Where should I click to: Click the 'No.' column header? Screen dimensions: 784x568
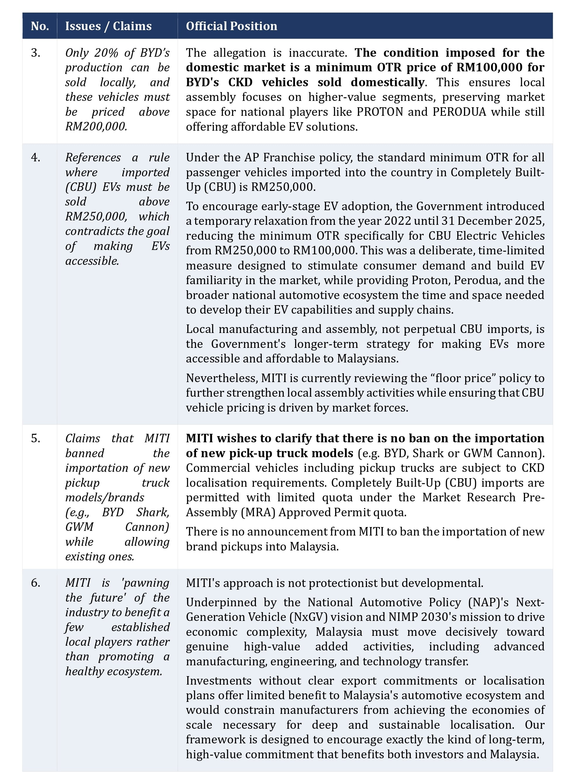(x=40, y=26)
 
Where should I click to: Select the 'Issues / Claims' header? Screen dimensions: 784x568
(x=108, y=26)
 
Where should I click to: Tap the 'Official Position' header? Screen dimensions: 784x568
(x=231, y=26)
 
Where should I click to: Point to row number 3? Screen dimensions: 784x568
(x=36, y=53)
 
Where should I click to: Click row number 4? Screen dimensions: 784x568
(x=36, y=158)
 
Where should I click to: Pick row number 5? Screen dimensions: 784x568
(x=36, y=438)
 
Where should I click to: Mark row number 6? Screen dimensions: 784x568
(x=36, y=583)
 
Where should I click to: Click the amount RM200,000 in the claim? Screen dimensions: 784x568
(x=96, y=127)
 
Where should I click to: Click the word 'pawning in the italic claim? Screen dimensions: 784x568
(x=146, y=583)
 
